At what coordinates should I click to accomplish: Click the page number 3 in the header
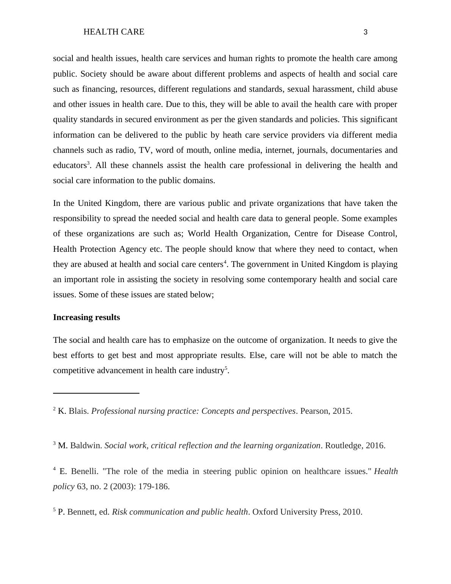click(x=365, y=32)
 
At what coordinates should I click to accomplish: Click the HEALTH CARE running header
click(x=114, y=32)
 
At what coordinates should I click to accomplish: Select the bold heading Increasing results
click(x=86, y=317)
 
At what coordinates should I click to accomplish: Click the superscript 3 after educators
click(x=88, y=163)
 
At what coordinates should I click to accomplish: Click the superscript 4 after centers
click(x=225, y=262)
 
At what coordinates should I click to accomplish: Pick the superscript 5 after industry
click(x=226, y=368)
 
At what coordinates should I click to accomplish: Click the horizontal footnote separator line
click(x=96, y=393)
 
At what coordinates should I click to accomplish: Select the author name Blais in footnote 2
click(x=78, y=411)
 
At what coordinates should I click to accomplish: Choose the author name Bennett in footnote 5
click(x=82, y=512)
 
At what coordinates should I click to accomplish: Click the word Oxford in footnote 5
click(x=265, y=512)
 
